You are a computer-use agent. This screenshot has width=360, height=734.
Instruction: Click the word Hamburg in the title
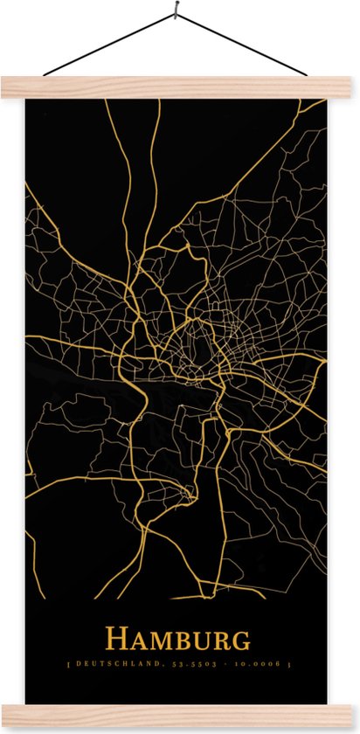pyautogui.click(x=178, y=640)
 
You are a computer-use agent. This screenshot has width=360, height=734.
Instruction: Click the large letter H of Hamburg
pyautogui.click(x=115, y=640)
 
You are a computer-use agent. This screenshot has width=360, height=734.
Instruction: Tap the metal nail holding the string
pyautogui.click(x=177, y=11)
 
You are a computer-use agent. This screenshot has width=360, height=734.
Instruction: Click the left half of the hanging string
pyautogui.click(x=109, y=45)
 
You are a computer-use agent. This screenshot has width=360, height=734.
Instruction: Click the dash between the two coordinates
pyautogui.click(x=220, y=665)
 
